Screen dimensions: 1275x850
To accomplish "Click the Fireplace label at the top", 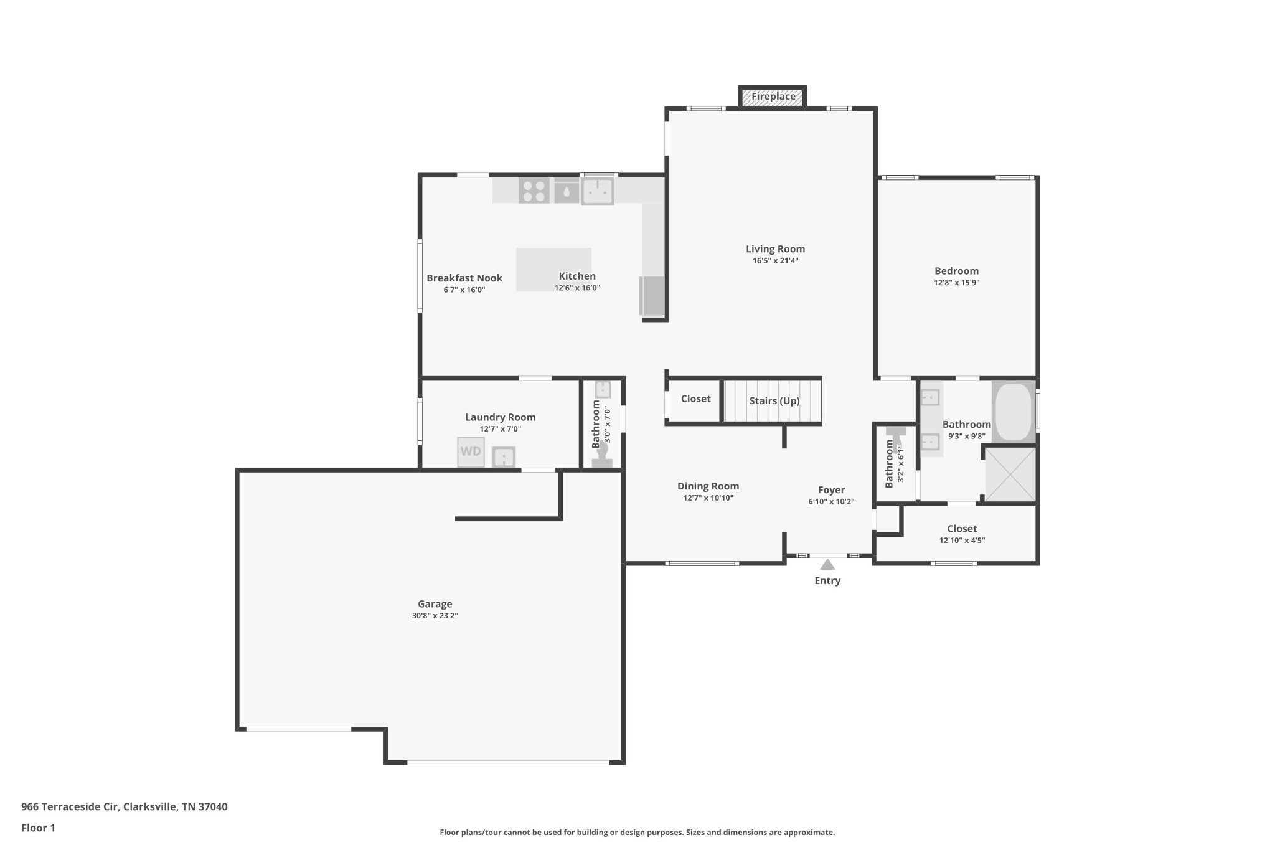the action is point(773,97).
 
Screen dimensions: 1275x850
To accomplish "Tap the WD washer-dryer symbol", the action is point(471,451).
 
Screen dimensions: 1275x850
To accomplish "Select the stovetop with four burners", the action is point(534,191).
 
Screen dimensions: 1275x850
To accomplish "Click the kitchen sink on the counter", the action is point(598,191).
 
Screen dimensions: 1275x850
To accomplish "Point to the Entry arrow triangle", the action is point(827,565).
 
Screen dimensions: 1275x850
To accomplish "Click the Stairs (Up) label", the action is point(774,400).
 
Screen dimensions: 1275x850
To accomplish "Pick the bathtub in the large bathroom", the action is point(1014,412).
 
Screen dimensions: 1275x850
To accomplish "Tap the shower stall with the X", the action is point(1010,474).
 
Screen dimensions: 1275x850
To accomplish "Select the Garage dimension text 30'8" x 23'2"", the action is point(435,616).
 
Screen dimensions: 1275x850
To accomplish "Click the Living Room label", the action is point(775,249).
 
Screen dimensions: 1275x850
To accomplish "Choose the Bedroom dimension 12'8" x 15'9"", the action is point(956,283).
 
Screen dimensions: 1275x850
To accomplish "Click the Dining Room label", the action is point(708,486).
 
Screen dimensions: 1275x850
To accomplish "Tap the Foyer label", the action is point(831,490).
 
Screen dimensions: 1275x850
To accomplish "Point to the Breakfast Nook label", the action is point(464,278).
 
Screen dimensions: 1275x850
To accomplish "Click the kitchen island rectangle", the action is point(553,270).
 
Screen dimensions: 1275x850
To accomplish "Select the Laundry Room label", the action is point(500,417).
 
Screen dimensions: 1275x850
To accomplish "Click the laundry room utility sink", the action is point(504,457).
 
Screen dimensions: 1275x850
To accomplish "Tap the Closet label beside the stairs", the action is point(695,399).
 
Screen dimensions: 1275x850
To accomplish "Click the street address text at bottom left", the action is point(125,806).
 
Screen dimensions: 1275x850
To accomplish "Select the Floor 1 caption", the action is point(38,828).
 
